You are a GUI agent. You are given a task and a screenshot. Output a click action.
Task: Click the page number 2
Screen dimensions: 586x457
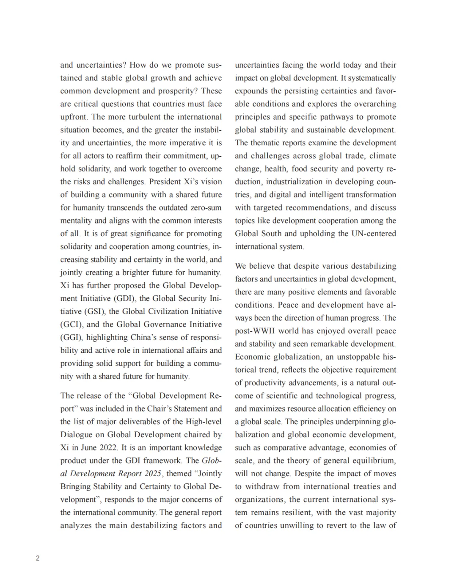tap(38, 558)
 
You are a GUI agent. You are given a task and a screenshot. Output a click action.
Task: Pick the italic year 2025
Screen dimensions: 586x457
tap(151, 474)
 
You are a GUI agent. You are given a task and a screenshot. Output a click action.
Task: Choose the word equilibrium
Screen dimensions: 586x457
tap(374, 461)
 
